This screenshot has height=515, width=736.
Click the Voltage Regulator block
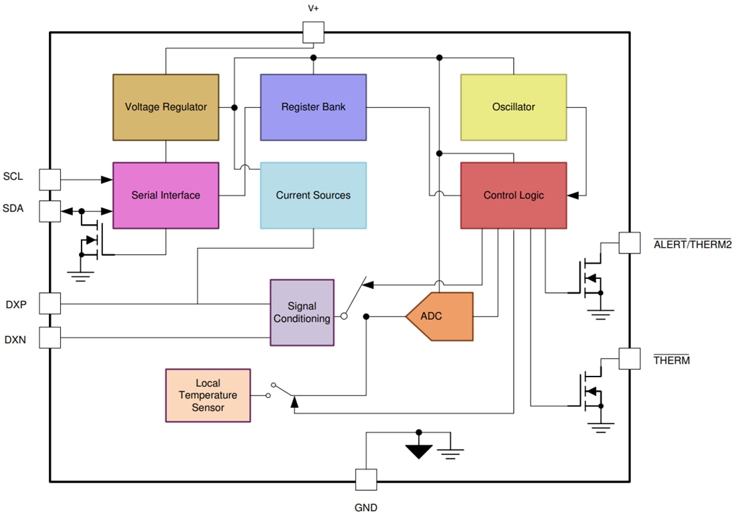coord(165,107)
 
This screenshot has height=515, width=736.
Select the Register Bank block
coord(313,107)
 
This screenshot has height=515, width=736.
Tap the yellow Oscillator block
coord(513,107)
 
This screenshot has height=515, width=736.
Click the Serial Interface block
coord(165,195)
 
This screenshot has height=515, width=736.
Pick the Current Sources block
coord(313,195)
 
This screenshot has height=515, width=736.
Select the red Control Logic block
coord(513,195)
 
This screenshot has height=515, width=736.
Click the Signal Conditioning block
coord(302,312)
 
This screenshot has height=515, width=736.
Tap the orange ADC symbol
coord(439,316)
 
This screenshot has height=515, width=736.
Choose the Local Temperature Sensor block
coord(208,395)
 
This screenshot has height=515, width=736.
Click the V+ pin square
coord(313,32)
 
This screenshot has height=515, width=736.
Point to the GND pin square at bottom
coord(365,480)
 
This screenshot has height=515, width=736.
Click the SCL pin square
coord(50,179)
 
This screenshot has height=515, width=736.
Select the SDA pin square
coord(50,211)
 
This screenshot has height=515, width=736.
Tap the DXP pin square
coord(50,303)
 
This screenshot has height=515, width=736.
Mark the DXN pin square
coord(50,337)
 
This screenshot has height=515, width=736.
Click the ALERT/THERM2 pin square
coord(629,243)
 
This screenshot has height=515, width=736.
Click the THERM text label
coord(671,360)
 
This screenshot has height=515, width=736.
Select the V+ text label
coord(313,9)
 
